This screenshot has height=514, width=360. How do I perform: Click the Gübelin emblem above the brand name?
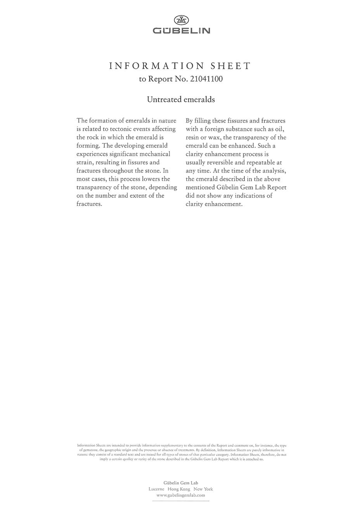[181, 20]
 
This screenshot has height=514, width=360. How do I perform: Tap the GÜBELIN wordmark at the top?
[181, 31]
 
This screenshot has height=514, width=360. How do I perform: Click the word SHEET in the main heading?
[231, 66]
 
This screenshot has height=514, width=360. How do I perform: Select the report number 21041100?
[206, 79]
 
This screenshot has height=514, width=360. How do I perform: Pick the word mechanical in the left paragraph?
[153, 154]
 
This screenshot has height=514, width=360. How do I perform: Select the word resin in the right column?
[193, 138]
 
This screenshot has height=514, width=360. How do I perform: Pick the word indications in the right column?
[249, 196]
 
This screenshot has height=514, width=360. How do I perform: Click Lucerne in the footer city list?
[157, 489]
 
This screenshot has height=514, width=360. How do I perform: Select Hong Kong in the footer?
[179, 489]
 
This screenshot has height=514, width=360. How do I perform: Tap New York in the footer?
[203, 489]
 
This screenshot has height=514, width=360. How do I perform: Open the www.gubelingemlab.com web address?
[181, 495]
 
